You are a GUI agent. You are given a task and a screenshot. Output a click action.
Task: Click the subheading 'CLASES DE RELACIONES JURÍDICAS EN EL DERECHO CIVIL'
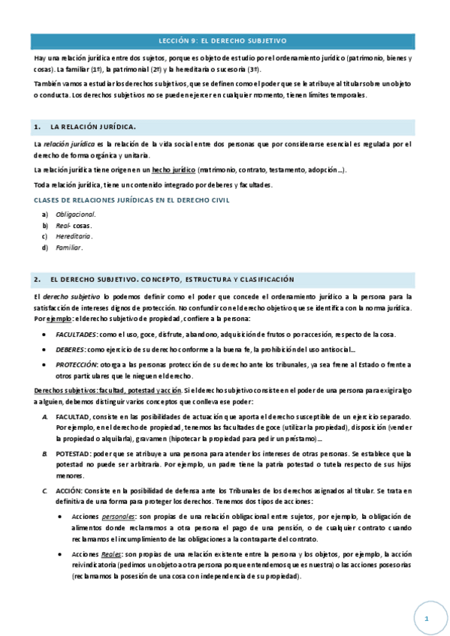click(132, 199)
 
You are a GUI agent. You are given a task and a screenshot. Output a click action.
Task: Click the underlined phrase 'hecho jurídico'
click(174, 170)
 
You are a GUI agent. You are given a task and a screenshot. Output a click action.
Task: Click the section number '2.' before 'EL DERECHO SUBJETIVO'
click(37, 279)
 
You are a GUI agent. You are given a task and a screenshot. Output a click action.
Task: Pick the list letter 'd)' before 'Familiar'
click(45, 247)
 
